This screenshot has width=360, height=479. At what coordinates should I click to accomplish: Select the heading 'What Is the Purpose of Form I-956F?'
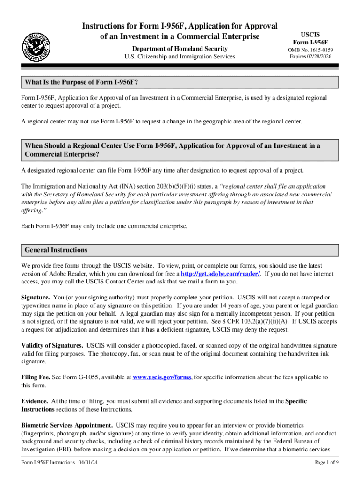tap(81, 82)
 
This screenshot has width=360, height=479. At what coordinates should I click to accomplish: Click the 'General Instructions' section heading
tap(56, 250)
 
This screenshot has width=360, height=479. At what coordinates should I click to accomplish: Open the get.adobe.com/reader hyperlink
tap(220, 274)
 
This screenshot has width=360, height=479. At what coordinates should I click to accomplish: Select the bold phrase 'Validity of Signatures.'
tap(52, 345)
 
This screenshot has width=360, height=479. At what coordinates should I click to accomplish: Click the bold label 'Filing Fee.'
tap(36, 377)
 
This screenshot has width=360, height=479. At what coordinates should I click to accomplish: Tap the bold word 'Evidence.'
tap(35, 401)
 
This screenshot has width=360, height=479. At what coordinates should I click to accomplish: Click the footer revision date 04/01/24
tap(88, 462)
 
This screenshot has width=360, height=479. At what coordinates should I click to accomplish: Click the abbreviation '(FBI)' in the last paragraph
tap(58, 450)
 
